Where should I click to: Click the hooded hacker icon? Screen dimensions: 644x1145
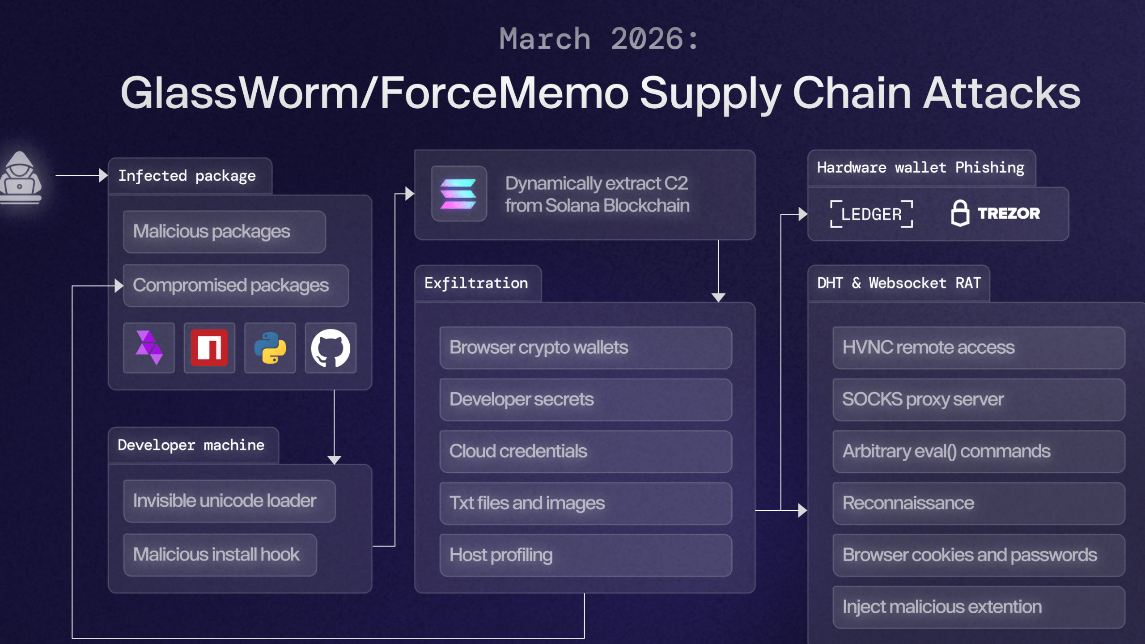(x=20, y=178)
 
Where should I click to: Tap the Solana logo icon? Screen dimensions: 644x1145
(x=458, y=194)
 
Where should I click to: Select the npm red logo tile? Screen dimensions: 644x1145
(x=209, y=348)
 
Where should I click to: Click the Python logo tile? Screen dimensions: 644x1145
(x=270, y=348)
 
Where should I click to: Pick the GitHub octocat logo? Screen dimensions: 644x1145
(x=331, y=348)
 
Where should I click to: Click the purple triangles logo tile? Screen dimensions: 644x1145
(x=149, y=348)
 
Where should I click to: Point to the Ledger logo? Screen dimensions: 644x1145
(x=871, y=214)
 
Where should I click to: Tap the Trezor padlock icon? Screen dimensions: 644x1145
(x=960, y=213)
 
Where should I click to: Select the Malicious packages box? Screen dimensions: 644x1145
(x=224, y=232)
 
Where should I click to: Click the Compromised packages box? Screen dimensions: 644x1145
(x=236, y=285)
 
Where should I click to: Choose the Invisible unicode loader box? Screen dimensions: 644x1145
(x=229, y=501)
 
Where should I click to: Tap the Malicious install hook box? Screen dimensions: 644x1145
(x=220, y=555)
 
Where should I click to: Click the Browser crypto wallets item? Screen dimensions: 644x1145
(x=585, y=347)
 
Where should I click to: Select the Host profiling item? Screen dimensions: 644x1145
(x=585, y=555)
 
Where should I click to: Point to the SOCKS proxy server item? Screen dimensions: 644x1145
(x=978, y=399)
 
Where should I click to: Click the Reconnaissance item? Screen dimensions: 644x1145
(x=978, y=503)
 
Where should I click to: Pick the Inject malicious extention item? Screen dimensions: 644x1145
(x=978, y=607)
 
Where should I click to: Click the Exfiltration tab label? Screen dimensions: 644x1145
(x=476, y=283)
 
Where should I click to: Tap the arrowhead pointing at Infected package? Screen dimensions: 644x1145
(x=103, y=175)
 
